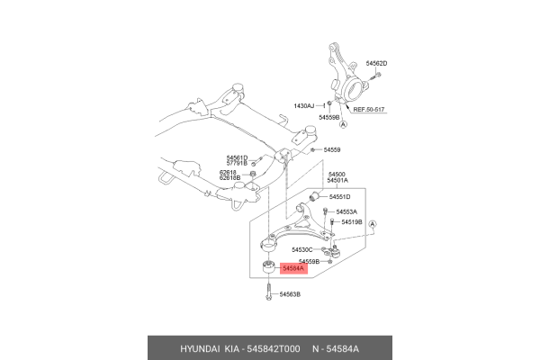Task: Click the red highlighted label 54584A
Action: coord(294,268)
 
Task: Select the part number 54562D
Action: coord(377,63)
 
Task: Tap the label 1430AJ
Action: coord(304,106)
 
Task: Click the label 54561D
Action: coord(235,157)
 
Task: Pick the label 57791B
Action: coord(235,164)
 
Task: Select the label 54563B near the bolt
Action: coord(290,294)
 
